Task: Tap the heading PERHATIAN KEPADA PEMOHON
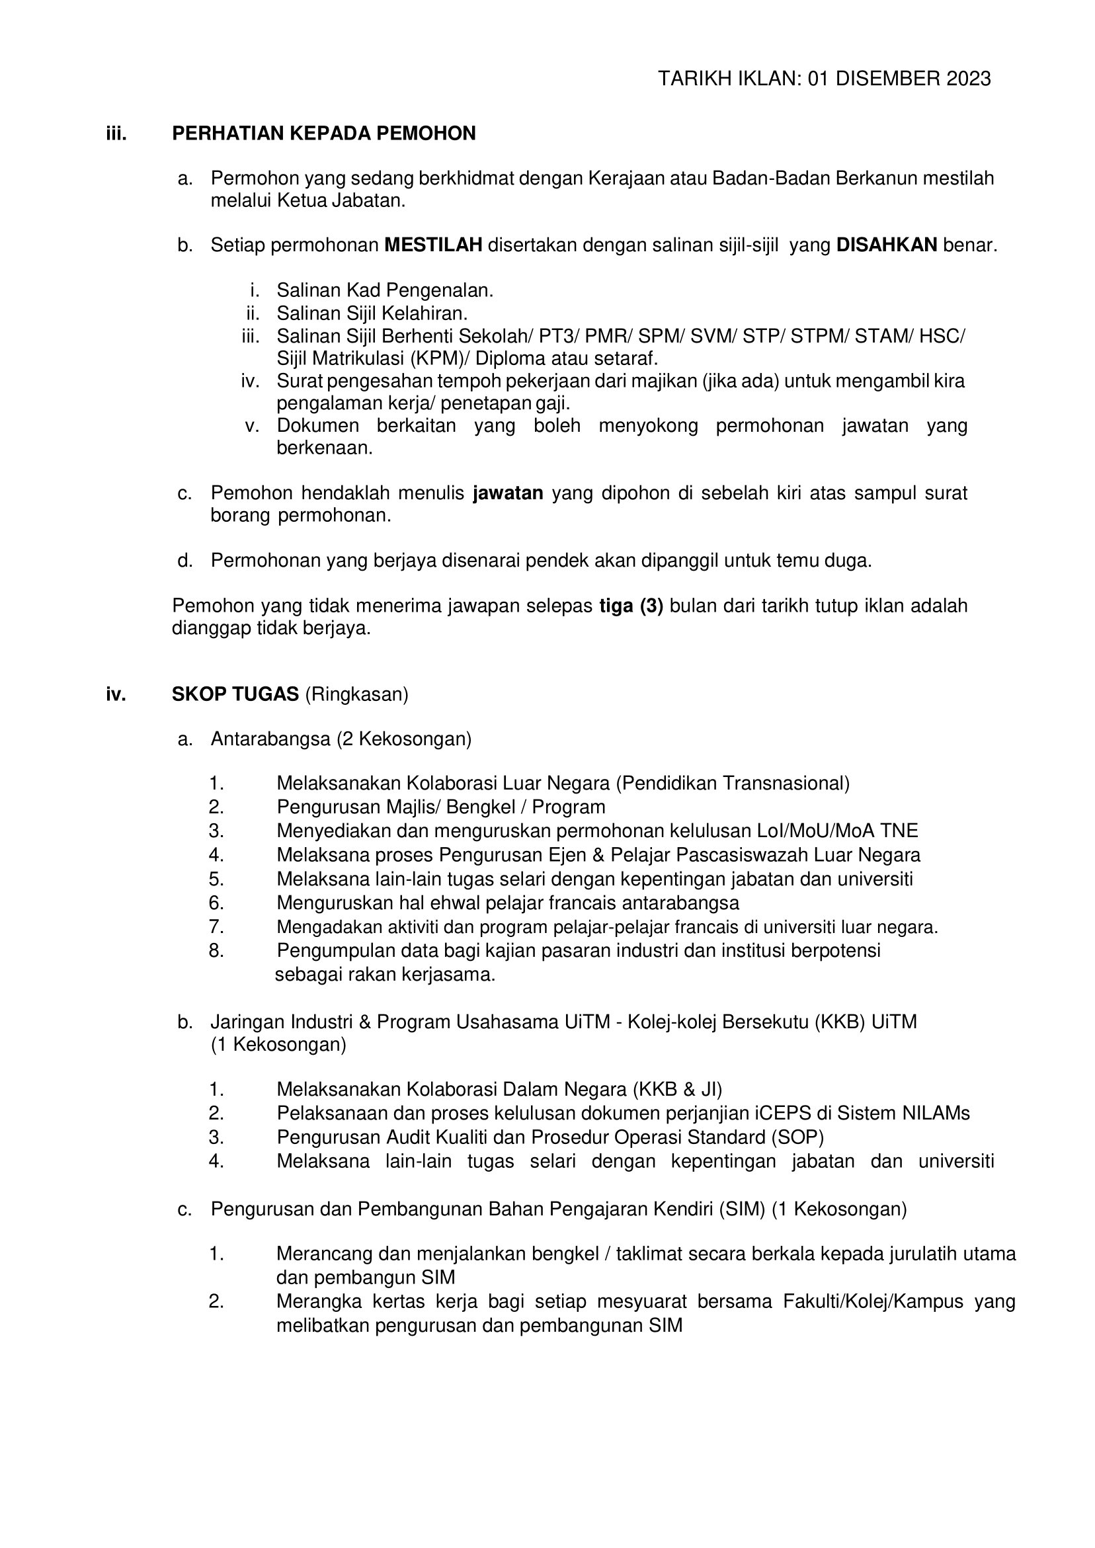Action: pyautogui.click(x=323, y=134)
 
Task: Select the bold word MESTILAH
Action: pyautogui.click(x=433, y=245)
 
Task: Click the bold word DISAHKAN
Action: pyautogui.click(x=886, y=245)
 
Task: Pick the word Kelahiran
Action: pyautogui.click(x=424, y=313)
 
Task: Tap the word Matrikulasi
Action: pyautogui.click(x=358, y=358)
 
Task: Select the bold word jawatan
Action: pyautogui.click(x=508, y=493)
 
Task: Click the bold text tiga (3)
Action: pyautogui.click(x=631, y=606)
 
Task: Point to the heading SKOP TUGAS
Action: pyautogui.click(x=235, y=694)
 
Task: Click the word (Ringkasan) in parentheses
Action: pyautogui.click(x=356, y=694)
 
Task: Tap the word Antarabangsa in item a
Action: pyautogui.click(x=271, y=739)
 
